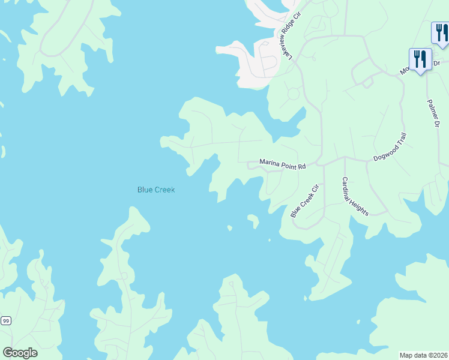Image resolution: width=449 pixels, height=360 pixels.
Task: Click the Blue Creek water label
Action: click(156, 190)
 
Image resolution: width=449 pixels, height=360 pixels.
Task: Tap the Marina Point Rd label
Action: click(283, 163)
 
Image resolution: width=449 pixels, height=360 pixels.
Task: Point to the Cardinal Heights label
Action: click(356, 196)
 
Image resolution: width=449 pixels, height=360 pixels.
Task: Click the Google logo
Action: click(20, 352)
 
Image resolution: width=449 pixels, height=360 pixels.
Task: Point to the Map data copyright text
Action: click(423, 355)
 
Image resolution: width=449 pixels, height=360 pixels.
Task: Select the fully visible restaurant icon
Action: click(420, 60)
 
